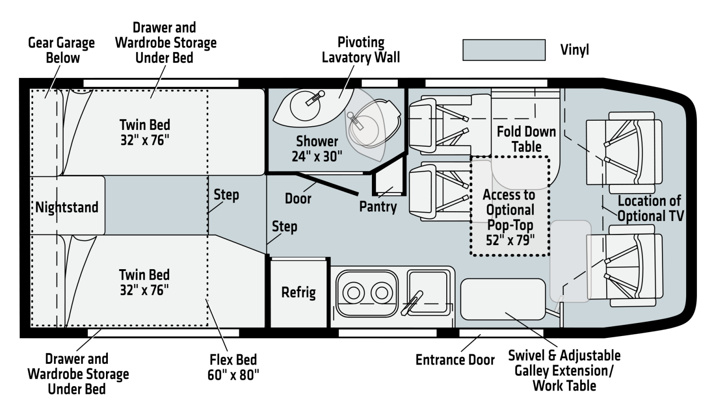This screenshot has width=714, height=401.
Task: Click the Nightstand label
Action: [x=67, y=207]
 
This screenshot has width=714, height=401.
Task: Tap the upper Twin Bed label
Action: [x=145, y=132]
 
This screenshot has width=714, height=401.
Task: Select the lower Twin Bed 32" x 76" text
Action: [x=144, y=282]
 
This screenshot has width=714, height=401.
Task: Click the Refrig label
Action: [x=298, y=293]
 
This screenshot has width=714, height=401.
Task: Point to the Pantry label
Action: [x=378, y=207]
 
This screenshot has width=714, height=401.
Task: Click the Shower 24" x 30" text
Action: [x=317, y=149]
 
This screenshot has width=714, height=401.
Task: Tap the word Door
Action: [x=298, y=199]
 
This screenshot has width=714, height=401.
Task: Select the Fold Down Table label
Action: [x=526, y=139]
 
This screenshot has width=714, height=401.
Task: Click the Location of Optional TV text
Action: [x=650, y=208]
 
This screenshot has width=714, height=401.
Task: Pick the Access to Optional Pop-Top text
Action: [x=509, y=217]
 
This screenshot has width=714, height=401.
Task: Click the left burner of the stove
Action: [x=354, y=293]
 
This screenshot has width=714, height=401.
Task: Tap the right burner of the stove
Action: [x=381, y=293]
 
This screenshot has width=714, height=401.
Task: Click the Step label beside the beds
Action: [x=226, y=195]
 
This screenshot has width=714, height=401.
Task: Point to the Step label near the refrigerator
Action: [x=284, y=226]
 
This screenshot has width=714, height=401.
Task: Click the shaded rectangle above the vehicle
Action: [x=504, y=50]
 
